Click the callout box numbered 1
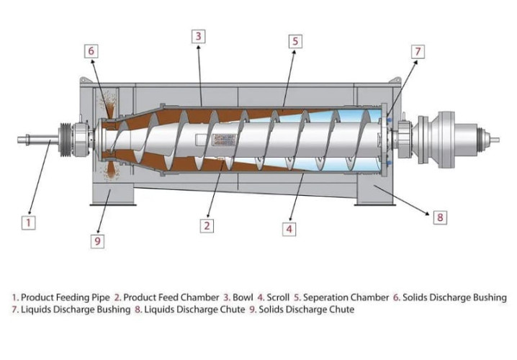coord(28,222)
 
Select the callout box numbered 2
coord(207,225)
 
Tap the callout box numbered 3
coord(199,35)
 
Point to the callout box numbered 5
coord(295,42)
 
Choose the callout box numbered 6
coord(91,51)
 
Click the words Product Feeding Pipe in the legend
coord(66,297)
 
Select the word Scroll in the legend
coord(278,297)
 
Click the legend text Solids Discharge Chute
coord(311,310)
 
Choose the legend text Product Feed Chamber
coord(169,297)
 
